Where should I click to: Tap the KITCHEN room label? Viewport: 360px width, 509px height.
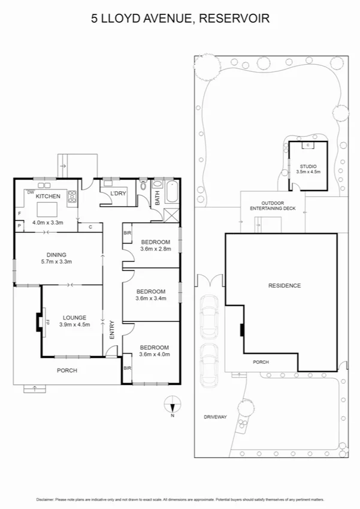tap(48, 196)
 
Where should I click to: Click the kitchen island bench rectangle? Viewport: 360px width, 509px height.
tap(47, 209)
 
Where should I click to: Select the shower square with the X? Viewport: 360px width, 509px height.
tap(172, 216)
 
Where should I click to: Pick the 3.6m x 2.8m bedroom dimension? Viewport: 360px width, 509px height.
tap(155, 248)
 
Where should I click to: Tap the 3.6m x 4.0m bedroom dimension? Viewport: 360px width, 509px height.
tap(155, 354)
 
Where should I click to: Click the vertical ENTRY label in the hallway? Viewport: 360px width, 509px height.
tap(111, 331)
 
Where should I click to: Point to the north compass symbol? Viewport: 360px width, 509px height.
tap(172, 405)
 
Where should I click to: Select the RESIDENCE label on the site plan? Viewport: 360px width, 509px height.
tap(284, 285)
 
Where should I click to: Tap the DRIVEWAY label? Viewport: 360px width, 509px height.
tap(214, 417)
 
